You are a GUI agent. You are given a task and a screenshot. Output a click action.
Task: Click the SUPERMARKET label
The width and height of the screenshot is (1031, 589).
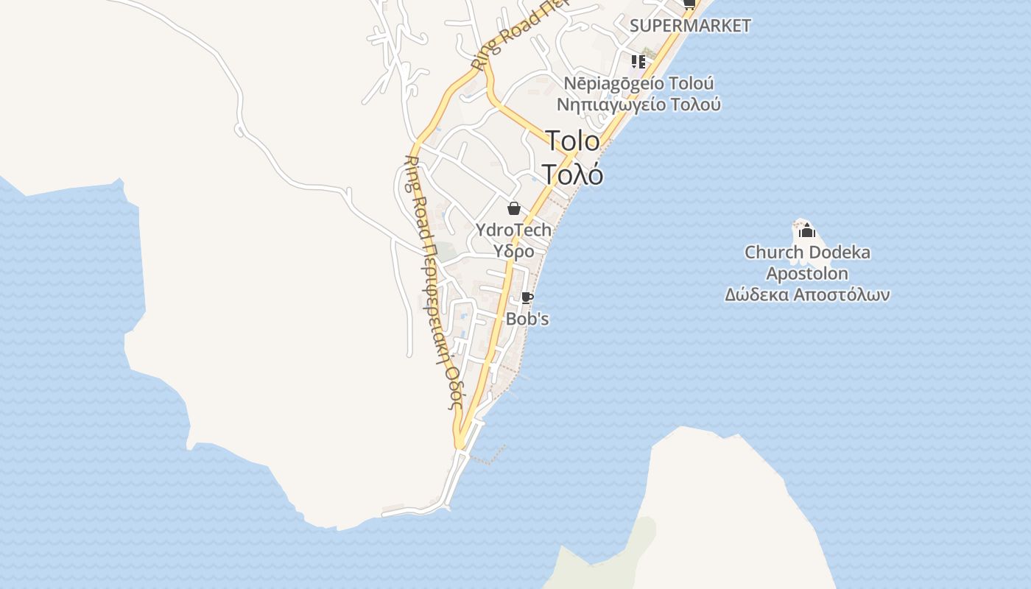pyautogui.click(x=690, y=26)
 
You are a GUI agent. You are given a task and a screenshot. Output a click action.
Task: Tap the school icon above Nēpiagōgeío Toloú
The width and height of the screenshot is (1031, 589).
pyautogui.click(x=638, y=61)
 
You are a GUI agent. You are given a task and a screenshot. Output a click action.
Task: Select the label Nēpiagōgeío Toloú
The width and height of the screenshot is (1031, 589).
pyautogui.click(x=638, y=83)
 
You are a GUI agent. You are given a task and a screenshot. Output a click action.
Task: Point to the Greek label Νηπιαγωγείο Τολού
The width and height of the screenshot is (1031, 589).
pyautogui.click(x=638, y=105)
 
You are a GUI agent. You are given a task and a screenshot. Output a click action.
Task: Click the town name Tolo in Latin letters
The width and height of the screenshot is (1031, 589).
pyautogui.click(x=572, y=141)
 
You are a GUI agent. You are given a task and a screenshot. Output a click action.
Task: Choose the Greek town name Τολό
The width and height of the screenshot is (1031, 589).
pyautogui.click(x=573, y=174)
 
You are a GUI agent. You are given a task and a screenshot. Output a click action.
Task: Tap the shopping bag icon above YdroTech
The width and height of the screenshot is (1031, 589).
pyautogui.click(x=514, y=208)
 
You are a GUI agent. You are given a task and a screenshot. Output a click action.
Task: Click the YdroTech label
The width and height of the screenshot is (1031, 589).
pyautogui.click(x=514, y=230)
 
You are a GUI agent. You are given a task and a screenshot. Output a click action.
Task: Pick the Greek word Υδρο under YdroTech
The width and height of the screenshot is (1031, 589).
pyautogui.click(x=514, y=251)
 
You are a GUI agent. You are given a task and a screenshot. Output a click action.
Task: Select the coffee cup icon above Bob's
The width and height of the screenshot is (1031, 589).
pyautogui.click(x=527, y=297)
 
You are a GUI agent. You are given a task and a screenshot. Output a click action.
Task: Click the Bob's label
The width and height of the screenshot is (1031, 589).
pyautogui.click(x=527, y=320)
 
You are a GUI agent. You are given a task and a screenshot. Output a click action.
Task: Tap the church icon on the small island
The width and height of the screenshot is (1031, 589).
pyautogui.click(x=807, y=230)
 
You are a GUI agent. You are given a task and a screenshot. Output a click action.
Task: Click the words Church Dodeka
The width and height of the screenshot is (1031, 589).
pyautogui.click(x=807, y=253)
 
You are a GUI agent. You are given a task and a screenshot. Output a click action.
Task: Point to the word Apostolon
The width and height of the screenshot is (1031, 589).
pyautogui.click(x=807, y=274)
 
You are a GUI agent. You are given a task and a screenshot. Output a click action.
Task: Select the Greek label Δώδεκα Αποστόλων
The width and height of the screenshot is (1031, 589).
pyautogui.click(x=807, y=295)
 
